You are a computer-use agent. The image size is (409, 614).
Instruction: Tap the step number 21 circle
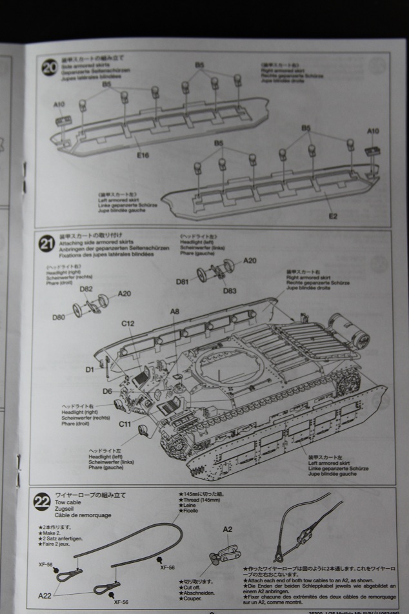[x=47, y=244]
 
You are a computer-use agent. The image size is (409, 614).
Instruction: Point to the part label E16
[x=143, y=155]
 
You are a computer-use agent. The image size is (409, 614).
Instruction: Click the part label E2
[x=333, y=216]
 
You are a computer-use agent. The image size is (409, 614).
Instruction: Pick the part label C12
[x=127, y=323]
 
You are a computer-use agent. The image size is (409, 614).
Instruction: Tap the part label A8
[x=175, y=312]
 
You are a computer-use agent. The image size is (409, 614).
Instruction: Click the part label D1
[x=89, y=369]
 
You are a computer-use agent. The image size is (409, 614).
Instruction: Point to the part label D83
[x=230, y=291]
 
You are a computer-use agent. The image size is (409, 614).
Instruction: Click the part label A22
[x=46, y=595]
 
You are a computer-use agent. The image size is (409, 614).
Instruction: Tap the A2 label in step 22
[x=228, y=529]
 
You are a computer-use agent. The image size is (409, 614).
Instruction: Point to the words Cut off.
[x=192, y=586]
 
